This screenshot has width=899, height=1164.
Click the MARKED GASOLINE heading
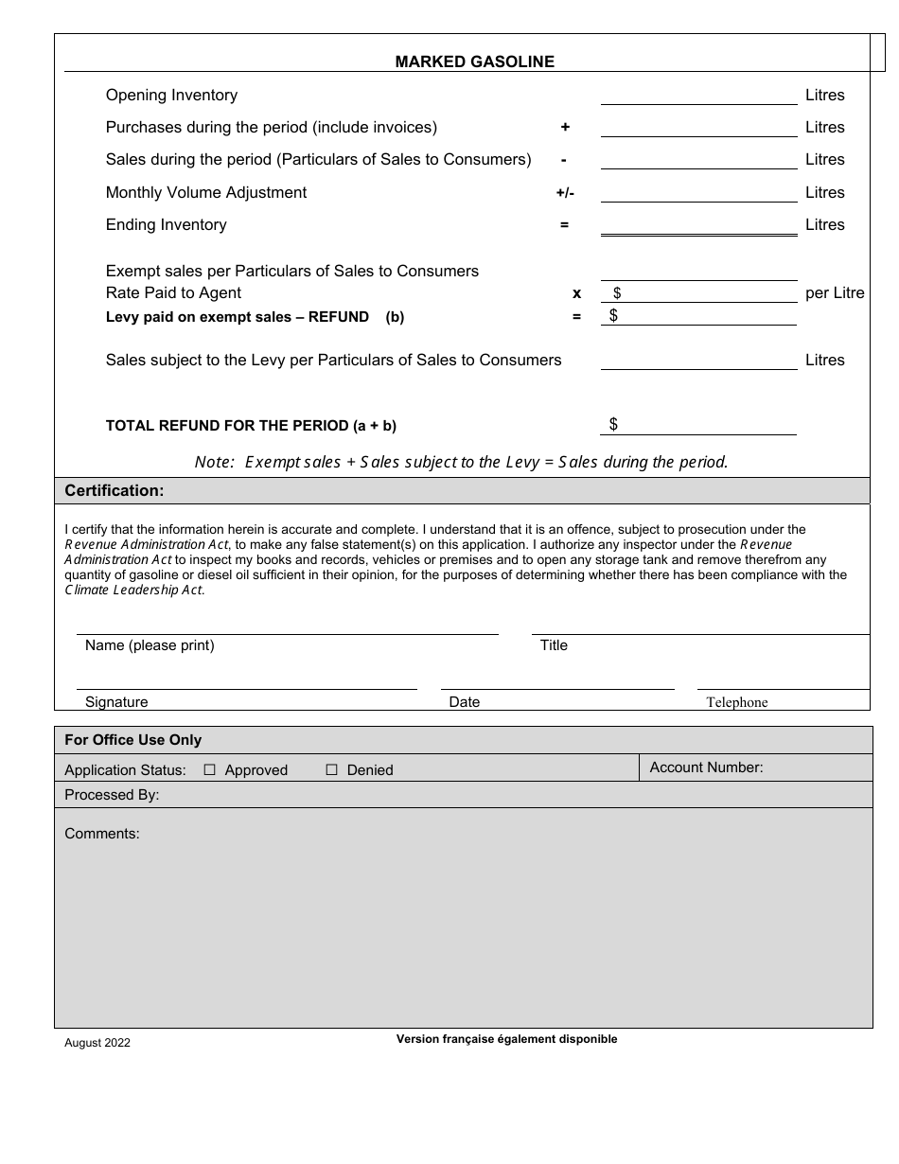(x=474, y=62)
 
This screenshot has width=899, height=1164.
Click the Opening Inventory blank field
(x=698, y=95)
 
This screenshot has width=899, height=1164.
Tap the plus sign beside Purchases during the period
(x=565, y=127)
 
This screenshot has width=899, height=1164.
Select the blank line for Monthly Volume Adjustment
(x=698, y=192)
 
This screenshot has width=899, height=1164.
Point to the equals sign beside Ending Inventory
(x=565, y=225)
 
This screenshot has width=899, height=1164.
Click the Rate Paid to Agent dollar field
(x=705, y=293)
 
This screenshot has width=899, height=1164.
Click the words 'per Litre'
(x=835, y=293)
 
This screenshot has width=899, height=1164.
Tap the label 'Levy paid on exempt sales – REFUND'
(x=238, y=317)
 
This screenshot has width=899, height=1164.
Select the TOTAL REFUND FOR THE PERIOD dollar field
(x=705, y=425)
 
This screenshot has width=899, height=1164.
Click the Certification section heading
(x=115, y=490)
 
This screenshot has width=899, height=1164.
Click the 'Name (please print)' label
(x=150, y=645)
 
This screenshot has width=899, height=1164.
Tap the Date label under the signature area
(x=465, y=702)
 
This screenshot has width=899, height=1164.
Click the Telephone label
(x=736, y=702)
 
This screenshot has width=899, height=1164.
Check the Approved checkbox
(x=210, y=770)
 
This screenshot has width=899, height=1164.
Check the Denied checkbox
(x=331, y=770)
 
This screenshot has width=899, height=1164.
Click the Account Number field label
(x=706, y=767)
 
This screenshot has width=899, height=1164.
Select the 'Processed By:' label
(x=112, y=795)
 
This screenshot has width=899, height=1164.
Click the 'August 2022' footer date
(x=97, y=1043)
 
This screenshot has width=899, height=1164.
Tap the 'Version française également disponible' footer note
(x=506, y=1039)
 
